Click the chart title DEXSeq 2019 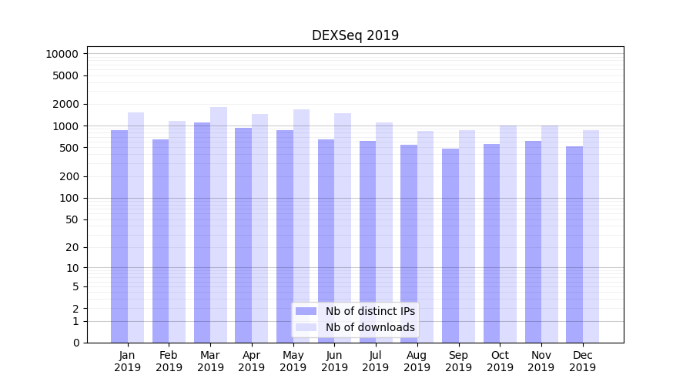click(355, 35)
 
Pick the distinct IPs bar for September click(450, 246)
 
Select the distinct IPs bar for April click(243, 235)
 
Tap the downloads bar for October click(508, 234)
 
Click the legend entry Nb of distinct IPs click(370, 311)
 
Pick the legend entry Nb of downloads click(370, 327)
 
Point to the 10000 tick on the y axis click(62, 54)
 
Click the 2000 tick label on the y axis click(65, 104)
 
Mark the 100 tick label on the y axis click(69, 198)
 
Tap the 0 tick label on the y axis click(75, 343)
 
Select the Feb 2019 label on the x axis click(169, 361)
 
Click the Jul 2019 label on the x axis click(376, 361)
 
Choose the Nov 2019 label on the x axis click(541, 361)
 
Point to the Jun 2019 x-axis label click(334, 361)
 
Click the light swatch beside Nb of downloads click(306, 327)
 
